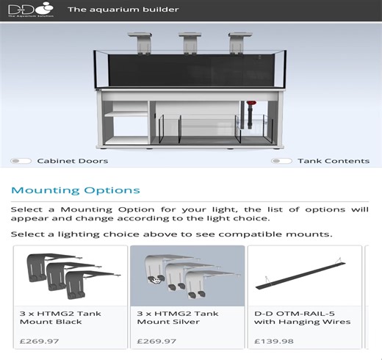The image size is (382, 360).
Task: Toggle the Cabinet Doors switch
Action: pyautogui.click(x=21, y=161)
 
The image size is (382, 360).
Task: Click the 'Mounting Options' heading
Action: pyautogui.click(x=76, y=190)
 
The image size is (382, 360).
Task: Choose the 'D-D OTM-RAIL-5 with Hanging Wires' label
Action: pyautogui.click(x=302, y=317)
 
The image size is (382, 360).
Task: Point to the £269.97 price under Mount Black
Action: pyautogui.click(x=37, y=341)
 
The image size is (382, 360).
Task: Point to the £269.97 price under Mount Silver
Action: pyautogui.click(x=155, y=341)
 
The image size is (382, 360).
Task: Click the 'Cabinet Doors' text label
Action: pyautogui.click(x=72, y=161)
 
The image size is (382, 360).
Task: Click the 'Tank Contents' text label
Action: pyautogui.click(x=334, y=161)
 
